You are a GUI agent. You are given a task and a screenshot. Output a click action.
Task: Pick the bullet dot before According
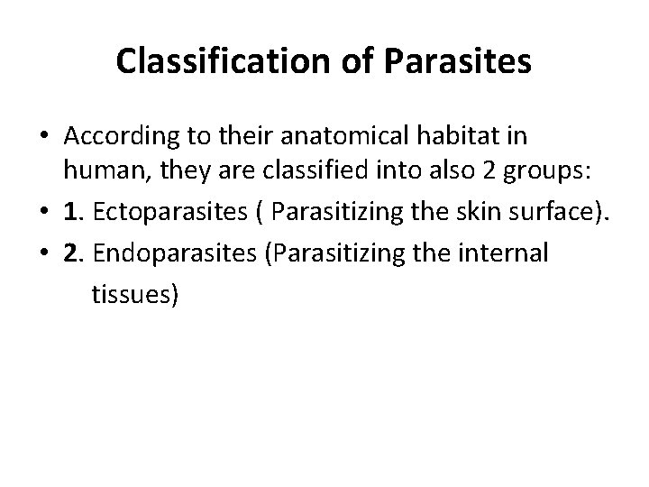pos(42,137)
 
